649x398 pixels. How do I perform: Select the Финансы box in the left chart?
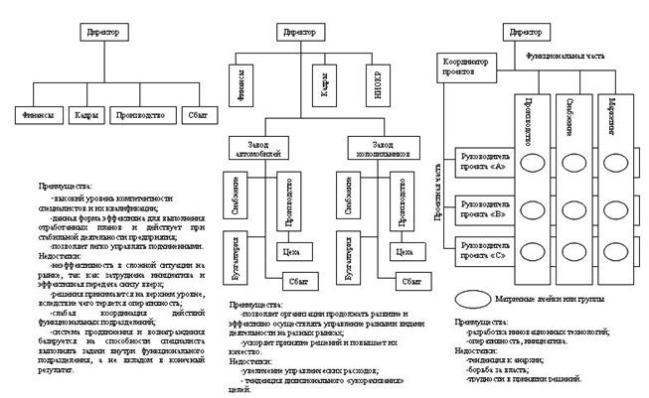(x=37, y=114)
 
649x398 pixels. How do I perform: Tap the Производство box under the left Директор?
(x=135, y=114)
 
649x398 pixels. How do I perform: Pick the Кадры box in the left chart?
(x=85, y=114)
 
